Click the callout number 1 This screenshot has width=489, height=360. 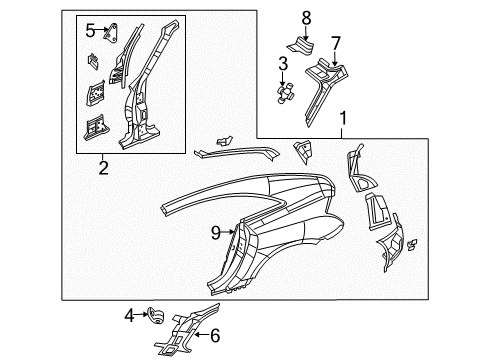[x=345, y=118]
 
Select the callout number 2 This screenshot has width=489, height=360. [x=102, y=169]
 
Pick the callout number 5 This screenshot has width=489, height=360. [x=90, y=29]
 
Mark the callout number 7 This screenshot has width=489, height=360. [x=336, y=42]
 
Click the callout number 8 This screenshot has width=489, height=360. [x=307, y=16]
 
